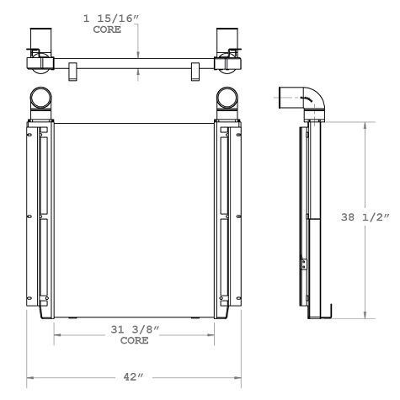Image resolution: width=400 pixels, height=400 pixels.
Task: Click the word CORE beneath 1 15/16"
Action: click(x=106, y=29)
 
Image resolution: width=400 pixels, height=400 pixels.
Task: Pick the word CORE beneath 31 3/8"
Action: click(x=135, y=341)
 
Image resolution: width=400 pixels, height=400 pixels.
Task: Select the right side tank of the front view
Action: click(x=230, y=219)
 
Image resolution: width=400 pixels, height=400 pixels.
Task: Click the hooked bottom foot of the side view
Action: click(x=331, y=313)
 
